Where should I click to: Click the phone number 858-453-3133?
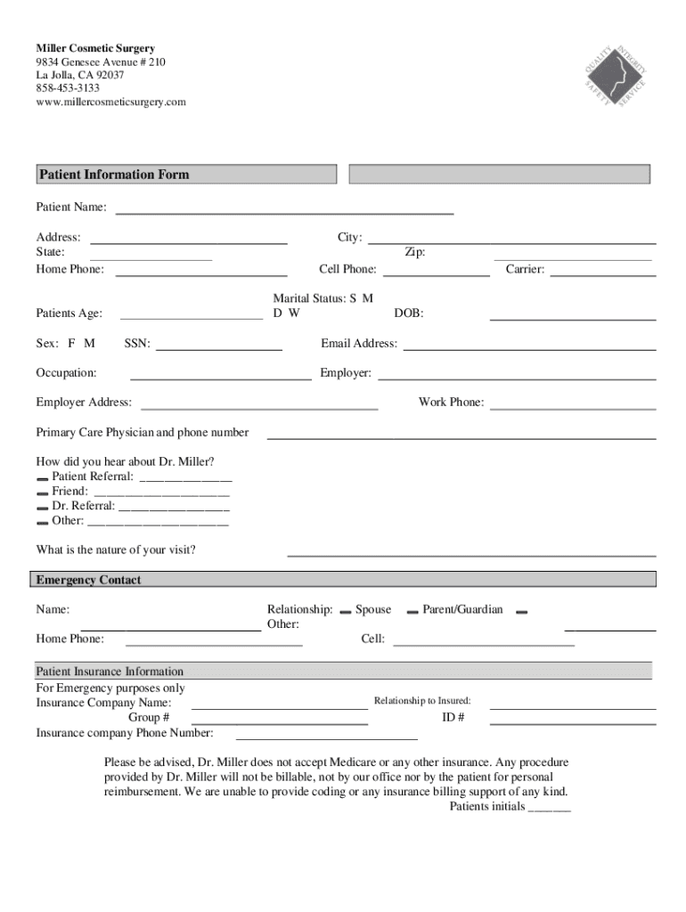click(x=68, y=88)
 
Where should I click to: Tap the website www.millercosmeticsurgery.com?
click(x=110, y=102)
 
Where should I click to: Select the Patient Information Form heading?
click(x=113, y=175)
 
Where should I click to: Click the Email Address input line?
click(x=529, y=347)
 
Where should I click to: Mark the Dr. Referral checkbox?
click(x=42, y=507)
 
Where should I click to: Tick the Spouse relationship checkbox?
click(x=345, y=611)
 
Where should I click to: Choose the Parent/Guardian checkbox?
click(x=412, y=611)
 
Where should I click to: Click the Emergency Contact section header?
click(x=88, y=580)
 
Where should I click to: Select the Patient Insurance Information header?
click(x=110, y=672)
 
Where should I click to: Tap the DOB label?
click(x=409, y=313)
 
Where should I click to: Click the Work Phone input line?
click(x=572, y=407)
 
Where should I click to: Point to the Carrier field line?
click(x=602, y=273)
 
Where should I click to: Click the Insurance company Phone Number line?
click(x=326, y=737)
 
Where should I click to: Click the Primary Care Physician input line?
click(x=461, y=437)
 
